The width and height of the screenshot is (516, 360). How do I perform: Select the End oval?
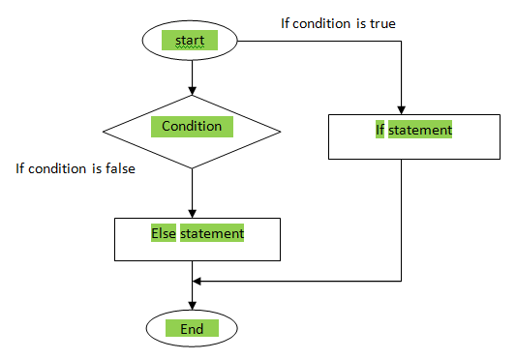click(x=192, y=329)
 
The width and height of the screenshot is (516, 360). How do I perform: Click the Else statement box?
click(x=197, y=239)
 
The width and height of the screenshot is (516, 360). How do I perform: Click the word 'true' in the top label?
click(x=381, y=23)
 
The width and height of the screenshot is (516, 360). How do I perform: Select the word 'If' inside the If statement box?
click(x=380, y=129)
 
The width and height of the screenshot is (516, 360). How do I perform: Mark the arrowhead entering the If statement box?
click(x=401, y=109)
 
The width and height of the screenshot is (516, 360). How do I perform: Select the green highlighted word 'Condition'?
click(x=192, y=126)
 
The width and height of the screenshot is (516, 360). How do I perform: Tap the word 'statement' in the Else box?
click(x=211, y=233)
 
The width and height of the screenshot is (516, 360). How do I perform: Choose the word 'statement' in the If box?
click(x=420, y=129)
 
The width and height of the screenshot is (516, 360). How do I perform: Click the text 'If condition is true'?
click(x=339, y=23)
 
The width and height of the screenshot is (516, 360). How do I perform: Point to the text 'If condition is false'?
click(x=75, y=168)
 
